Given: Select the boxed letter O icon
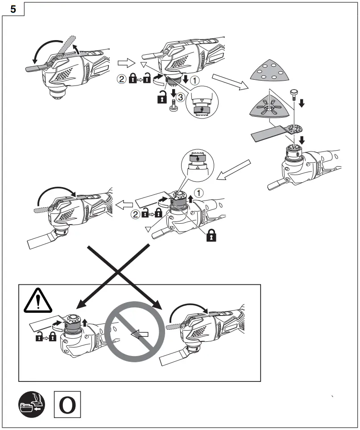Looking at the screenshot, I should pos(67,405).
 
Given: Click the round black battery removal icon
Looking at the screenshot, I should pos(32,405).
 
